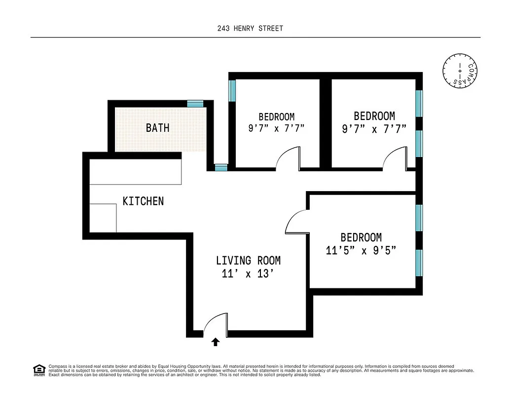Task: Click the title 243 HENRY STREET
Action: point(251,29)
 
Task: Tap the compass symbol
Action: point(460,72)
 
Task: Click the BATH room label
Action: point(157,128)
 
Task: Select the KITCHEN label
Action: point(143,201)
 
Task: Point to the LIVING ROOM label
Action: point(248,261)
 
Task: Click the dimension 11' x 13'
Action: point(248,274)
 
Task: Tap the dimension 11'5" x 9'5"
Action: point(361,250)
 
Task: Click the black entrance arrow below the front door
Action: point(216,342)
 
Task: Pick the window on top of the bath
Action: point(195,103)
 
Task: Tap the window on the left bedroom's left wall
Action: point(232,90)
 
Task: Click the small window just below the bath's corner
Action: point(221,167)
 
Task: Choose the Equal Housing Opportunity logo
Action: point(38,370)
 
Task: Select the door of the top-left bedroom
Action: point(289,158)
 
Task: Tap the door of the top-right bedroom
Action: point(396,158)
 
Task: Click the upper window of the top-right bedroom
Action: point(419,103)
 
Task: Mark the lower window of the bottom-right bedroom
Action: point(419,263)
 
